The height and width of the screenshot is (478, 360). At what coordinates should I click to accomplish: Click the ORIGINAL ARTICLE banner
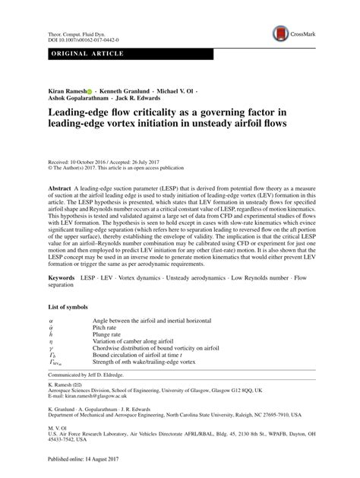point(81,55)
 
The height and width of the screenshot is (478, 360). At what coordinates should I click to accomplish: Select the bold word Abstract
point(61,187)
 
